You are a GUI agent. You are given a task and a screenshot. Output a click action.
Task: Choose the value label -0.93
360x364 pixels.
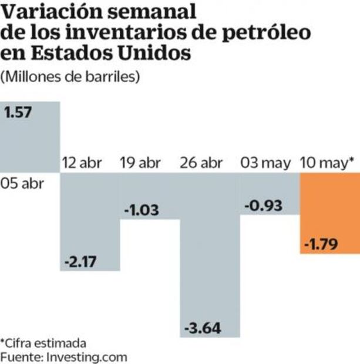[263, 205]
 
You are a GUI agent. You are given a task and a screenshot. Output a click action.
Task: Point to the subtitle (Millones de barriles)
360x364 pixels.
[70, 77]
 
